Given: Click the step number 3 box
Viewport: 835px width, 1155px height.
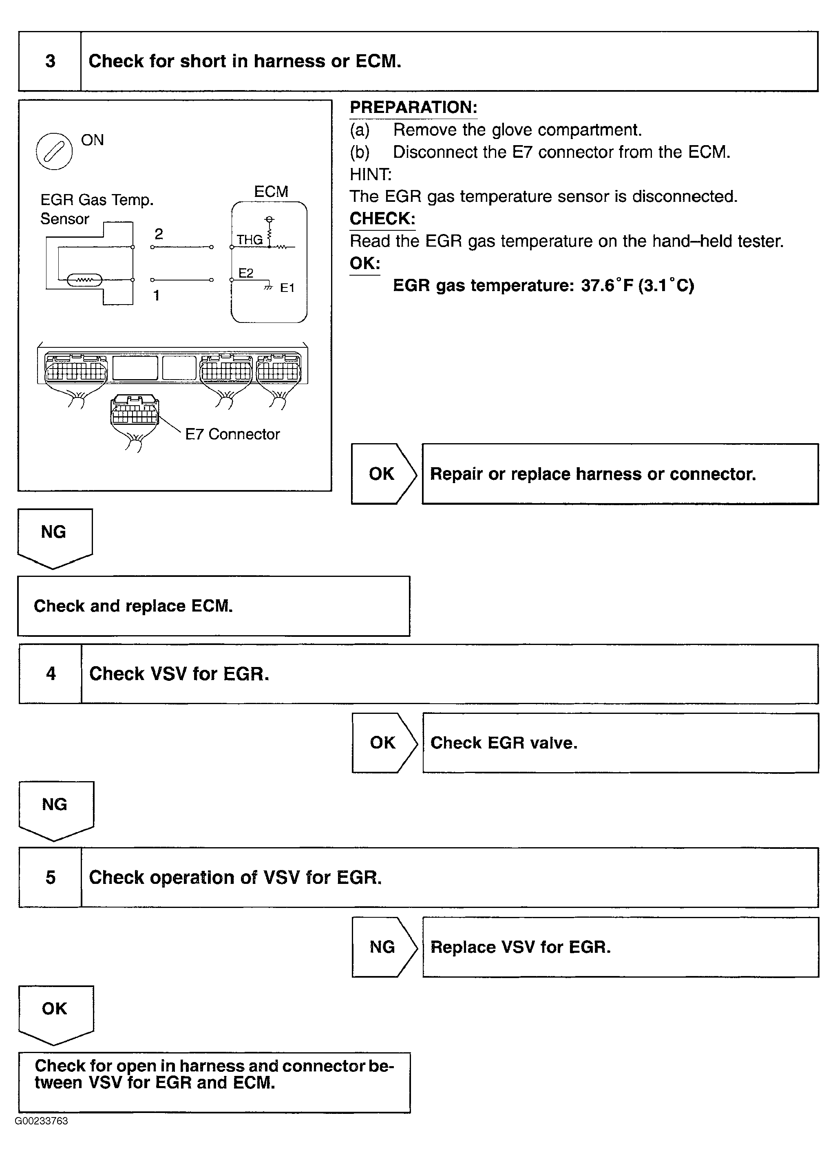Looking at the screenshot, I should [50, 62].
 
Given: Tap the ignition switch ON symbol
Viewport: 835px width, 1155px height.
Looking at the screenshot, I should [54, 151].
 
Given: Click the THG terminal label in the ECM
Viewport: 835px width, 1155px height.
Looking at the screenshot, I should [250, 240].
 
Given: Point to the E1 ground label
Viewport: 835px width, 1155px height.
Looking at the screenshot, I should [287, 288].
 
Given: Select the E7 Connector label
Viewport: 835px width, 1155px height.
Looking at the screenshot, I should [232, 434].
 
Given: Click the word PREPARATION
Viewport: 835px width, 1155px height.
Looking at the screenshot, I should [413, 108].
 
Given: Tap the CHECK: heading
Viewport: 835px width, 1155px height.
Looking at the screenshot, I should [382, 219].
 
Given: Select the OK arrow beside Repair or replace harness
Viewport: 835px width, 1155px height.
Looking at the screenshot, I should [383, 474].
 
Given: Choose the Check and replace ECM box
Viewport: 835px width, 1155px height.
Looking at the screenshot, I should [213, 606].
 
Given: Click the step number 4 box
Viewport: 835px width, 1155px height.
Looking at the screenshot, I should [51, 674].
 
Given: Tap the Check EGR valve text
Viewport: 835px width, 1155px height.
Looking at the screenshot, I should [504, 743].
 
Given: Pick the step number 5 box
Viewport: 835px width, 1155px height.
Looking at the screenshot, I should [51, 877].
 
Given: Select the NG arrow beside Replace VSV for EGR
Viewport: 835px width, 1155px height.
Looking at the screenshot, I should [383, 947].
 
